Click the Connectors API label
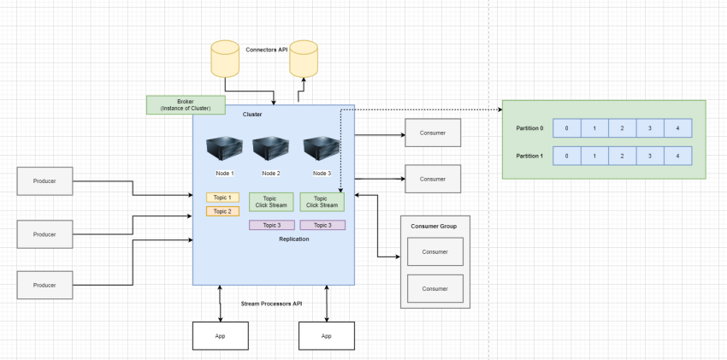coord(266,50)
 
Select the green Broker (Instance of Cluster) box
coord(186,104)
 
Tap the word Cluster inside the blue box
coord(252,115)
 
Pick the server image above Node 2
coord(271,147)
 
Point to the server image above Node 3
coord(322,147)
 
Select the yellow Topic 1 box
coord(222,198)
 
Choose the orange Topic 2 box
coord(222,211)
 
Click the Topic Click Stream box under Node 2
coord(271,202)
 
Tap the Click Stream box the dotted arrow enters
coord(322,202)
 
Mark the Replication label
coord(294,239)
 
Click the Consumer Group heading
coord(434,226)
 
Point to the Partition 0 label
coord(529,128)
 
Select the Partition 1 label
coord(529,156)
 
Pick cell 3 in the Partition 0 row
coord(649,128)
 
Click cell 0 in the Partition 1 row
coord(567,156)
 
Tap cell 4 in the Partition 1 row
coord(677,156)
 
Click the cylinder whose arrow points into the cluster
coord(225,58)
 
